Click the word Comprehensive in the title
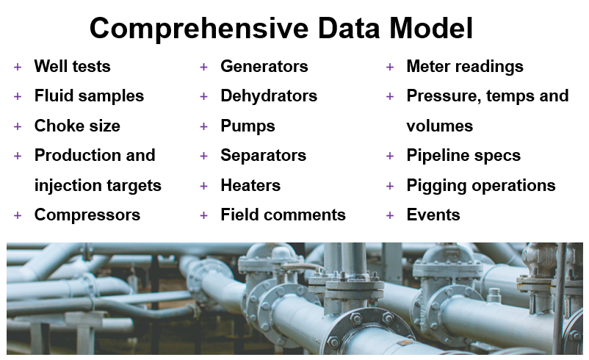click(x=199, y=29)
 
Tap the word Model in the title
click(x=431, y=28)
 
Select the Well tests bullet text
click(x=73, y=67)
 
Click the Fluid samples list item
click(x=89, y=96)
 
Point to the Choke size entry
click(x=77, y=126)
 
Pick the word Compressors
click(x=87, y=215)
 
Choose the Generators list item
click(x=264, y=67)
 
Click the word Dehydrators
click(x=269, y=96)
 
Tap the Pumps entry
click(x=248, y=126)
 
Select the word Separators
click(x=264, y=156)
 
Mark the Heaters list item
click(x=250, y=186)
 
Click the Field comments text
click(x=283, y=215)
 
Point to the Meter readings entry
click(x=465, y=67)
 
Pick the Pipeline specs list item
click(x=463, y=156)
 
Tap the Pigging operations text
click(x=481, y=186)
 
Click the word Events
click(x=433, y=215)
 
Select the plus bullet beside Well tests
click(x=18, y=68)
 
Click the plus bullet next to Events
click(x=390, y=216)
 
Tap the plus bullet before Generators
click(x=203, y=68)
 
